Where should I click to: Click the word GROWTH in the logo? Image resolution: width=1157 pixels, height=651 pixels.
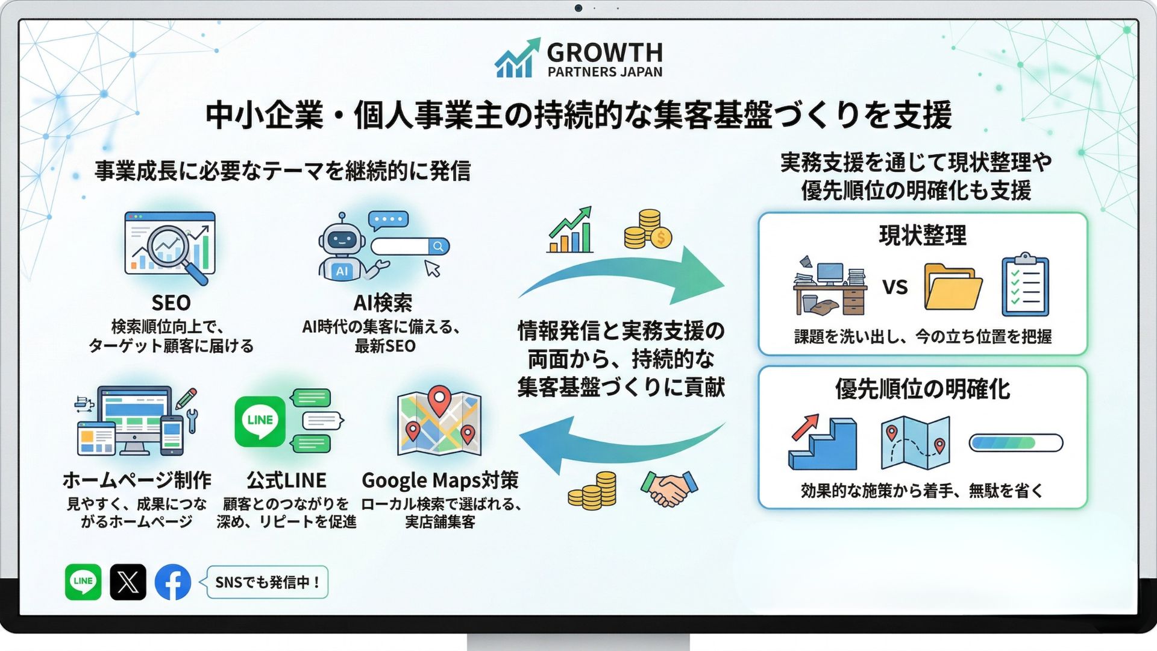pyautogui.click(x=604, y=52)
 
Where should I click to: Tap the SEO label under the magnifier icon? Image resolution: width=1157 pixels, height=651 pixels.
pyautogui.click(x=171, y=302)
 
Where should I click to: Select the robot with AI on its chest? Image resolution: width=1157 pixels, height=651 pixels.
pyautogui.click(x=342, y=248)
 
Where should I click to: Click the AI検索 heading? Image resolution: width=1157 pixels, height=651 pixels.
pyautogui.click(x=383, y=302)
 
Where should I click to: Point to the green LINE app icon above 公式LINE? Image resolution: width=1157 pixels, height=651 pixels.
pyautogui.click(x=260, y=421)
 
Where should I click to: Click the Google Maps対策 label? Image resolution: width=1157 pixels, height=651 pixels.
pyautogui.click(x=440, y=480)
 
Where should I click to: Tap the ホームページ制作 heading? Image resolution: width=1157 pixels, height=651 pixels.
pyautogui.click(x=137, y=480)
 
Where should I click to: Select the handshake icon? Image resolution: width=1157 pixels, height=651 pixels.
pyautogui.click(x=669, y=488)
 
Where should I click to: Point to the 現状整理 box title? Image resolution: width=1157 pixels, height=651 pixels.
pyautogui.click(x=923, y=235)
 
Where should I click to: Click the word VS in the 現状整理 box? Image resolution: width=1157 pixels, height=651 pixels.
pyautogui.click(x=895, y=287)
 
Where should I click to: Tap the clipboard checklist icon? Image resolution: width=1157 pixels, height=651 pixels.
pyautogui.click(x=1025, y=285)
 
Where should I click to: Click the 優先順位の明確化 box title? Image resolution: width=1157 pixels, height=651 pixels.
pyautogui.click(x=923, y=389)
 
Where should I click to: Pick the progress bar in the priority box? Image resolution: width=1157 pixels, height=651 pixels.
pyautogui.click(x=1015, y=443)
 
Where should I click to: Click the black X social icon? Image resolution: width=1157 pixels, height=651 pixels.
pyautogui.click(x=128, y=582)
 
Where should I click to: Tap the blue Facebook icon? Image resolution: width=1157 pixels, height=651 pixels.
pyautogui.click(x=173, y=582)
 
